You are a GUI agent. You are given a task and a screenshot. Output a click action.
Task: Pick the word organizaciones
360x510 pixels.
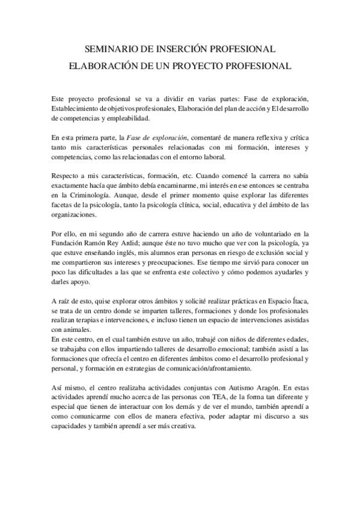click(73, 215)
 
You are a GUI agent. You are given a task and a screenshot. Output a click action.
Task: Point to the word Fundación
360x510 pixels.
click(69, 244)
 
